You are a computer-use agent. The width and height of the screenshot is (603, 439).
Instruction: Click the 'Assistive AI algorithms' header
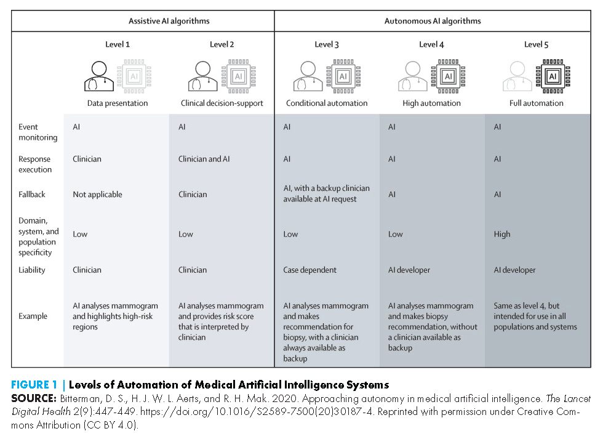[x=169, y=21]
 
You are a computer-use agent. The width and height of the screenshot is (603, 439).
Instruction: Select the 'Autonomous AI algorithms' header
[x=433, y=21]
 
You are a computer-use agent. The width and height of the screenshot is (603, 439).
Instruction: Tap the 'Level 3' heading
[x=327, y=44]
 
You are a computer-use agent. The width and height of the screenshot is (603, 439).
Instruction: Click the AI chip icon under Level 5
[x=553, y=76]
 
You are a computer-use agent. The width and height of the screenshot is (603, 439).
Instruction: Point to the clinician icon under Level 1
[x=99, y=76]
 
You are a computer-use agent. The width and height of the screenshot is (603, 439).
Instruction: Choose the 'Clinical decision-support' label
[x=222, y=103]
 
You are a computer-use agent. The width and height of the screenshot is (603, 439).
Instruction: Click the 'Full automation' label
[x=536, y=103]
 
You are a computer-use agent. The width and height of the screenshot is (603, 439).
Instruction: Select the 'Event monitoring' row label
[x=38, y=132]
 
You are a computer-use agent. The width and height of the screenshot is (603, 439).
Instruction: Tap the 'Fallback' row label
[x=32, y=195]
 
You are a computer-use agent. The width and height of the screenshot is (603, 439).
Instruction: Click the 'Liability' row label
[x=32, y=270]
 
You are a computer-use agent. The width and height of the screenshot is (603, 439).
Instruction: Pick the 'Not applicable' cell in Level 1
[x=97, y=195]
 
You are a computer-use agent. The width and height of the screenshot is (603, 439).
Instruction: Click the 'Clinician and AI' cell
[x=204, y=159]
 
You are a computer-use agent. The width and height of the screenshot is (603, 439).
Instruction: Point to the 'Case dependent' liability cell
[x=309, y=270]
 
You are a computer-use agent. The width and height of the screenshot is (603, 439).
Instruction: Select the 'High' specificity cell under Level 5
[x=502, y=234]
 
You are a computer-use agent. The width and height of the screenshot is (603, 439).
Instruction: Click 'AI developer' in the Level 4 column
[x=409, y=270]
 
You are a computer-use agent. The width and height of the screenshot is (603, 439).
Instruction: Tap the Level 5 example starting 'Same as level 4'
[x=535, y=316]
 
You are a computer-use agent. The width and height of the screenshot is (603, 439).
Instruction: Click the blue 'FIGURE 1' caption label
[x=34, y=385]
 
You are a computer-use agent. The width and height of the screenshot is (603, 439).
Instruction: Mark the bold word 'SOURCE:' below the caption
[x=34, y=398]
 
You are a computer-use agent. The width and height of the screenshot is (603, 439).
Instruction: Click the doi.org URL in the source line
[x=257, y=412]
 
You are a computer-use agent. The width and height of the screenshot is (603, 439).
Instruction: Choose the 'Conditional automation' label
[x=327, y=103]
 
